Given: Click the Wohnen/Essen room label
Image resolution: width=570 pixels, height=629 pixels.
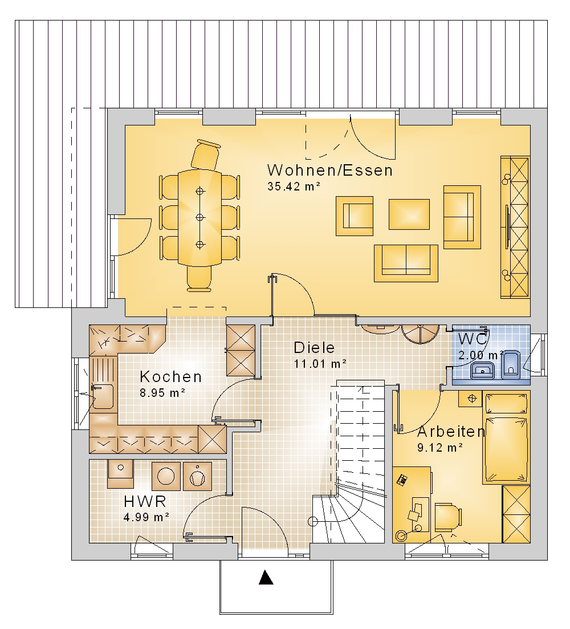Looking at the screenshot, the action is click(330, 171).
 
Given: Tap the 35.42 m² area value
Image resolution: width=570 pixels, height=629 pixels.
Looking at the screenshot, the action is click(294, 186).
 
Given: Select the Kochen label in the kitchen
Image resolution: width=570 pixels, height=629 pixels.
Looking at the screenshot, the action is click(171, 377).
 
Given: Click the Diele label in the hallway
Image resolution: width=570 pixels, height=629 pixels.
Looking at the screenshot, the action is click(314, 348).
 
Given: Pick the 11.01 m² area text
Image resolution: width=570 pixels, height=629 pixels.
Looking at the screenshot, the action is click(320, 364).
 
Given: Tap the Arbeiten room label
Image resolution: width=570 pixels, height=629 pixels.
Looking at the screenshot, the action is click(451, 432).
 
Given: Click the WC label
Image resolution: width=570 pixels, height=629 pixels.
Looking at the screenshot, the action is click(473, 339).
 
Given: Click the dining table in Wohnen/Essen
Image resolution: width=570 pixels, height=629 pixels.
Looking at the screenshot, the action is click(199, 217).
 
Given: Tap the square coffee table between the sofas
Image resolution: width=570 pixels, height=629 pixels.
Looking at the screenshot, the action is click(409, 214).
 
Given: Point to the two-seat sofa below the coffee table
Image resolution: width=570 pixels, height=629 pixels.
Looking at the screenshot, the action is click(406, 263).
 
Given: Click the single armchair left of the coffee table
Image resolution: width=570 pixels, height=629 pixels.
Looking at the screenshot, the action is click(355, 216).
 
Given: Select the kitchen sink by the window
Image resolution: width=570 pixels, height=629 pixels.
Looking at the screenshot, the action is click(103, 397).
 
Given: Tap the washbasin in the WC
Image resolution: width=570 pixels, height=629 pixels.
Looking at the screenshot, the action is click(483, 370).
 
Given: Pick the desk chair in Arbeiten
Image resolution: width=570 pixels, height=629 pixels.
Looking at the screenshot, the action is click(448, 517).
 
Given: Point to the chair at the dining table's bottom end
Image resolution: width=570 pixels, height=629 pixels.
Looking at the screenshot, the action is click(199, 278).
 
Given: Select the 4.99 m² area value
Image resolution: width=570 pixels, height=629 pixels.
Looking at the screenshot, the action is click(146, 517).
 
